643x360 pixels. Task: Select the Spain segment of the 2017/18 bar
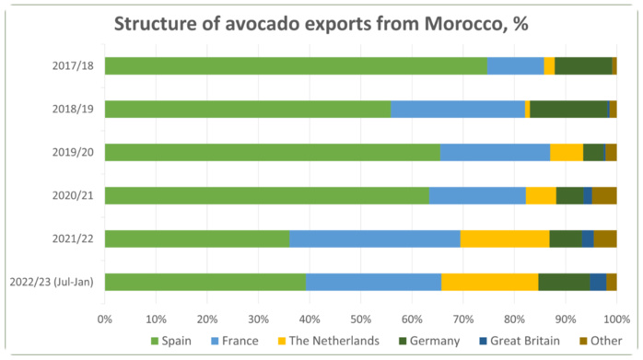tap(295, 65)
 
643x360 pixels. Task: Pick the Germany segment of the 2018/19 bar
tap(569, 109)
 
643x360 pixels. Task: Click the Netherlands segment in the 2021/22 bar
tap(504, 238)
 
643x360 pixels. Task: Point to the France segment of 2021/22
tap(374, 238)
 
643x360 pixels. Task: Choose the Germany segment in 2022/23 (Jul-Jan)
tap(564, 282)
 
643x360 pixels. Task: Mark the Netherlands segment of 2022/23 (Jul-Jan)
tap(489, 282)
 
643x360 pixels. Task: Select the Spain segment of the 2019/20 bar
tap(272, 152)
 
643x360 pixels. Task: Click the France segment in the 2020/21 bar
tap(477, 195)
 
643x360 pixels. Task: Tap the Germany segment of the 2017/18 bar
tap(583, 65)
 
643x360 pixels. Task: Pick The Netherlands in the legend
tap(333, 342)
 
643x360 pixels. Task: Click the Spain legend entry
tap(170, 342)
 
